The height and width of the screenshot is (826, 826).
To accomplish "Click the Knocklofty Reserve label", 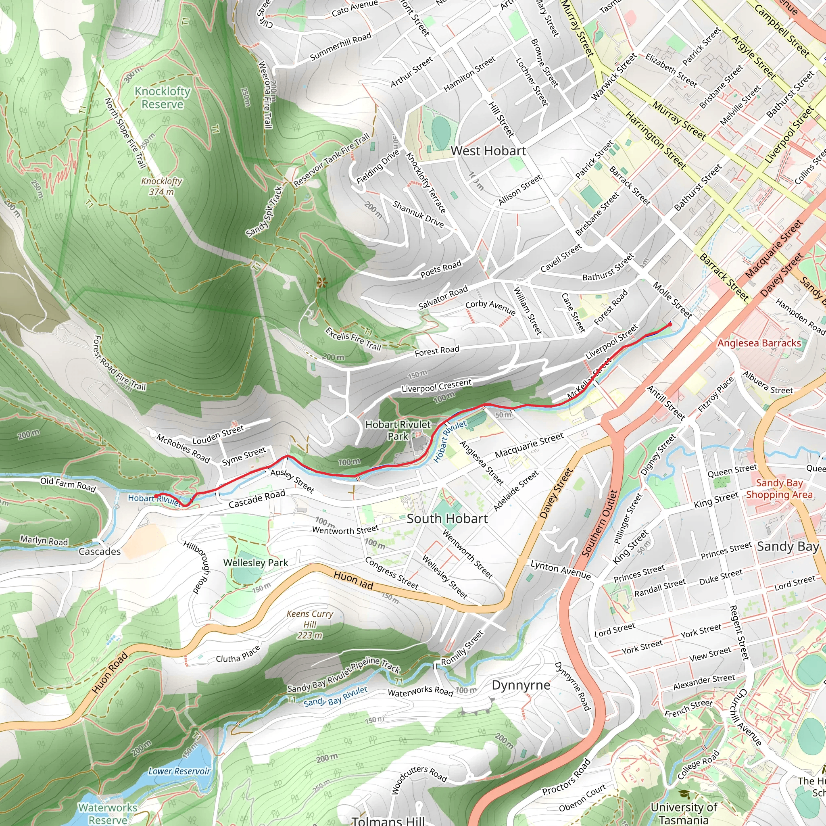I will point(163,98).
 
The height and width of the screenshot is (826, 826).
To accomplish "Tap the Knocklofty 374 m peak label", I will point(162,186).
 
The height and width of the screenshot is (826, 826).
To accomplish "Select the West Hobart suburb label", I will point(488,150).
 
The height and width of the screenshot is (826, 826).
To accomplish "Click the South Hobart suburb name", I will point(447,519).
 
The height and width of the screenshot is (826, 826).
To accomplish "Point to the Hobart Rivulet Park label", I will point(398,430).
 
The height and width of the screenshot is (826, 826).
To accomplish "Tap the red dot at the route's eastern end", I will point(670,325).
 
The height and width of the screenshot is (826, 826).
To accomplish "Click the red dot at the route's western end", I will point(156,496).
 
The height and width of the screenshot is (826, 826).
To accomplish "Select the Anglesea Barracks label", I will point(759,343).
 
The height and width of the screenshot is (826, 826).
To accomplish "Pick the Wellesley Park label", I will point(255,563).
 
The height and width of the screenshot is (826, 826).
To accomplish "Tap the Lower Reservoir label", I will point(179,771).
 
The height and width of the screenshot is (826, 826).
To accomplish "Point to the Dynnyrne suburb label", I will point(521,685).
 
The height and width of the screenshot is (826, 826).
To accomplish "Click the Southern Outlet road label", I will point(600,523).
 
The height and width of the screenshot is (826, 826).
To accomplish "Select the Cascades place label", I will point(100,551).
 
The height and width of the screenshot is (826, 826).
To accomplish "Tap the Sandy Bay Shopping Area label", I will point(779,489).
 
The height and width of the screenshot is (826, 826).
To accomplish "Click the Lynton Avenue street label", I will point(561,570).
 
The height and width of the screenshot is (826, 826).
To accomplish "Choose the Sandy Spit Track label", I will point(264,211).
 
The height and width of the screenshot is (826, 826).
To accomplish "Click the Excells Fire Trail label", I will point(353,339).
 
